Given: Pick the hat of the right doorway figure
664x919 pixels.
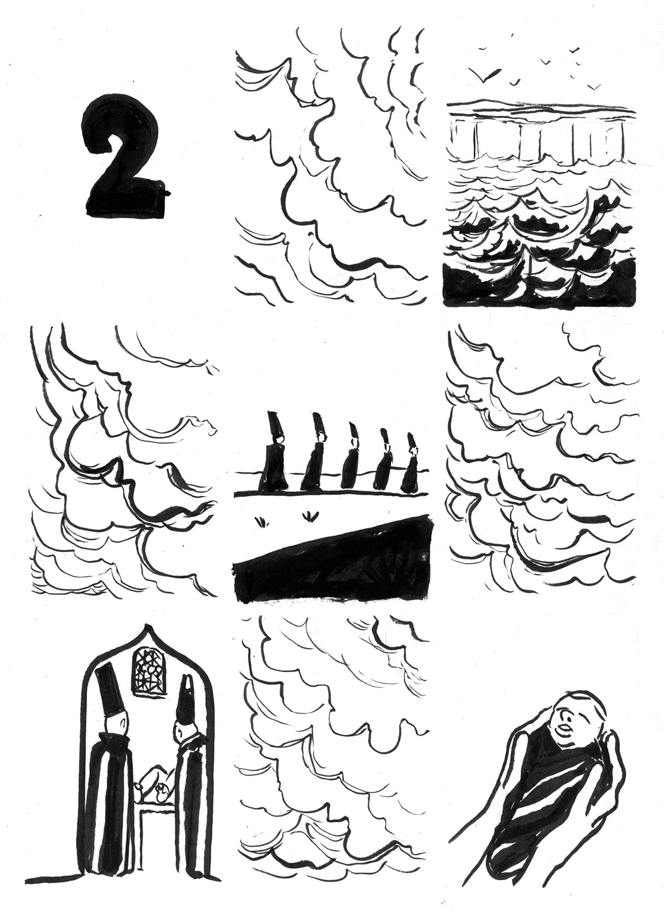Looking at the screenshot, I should [x=186, y=701].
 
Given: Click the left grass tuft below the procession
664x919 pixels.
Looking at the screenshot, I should [x=262, y=520].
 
